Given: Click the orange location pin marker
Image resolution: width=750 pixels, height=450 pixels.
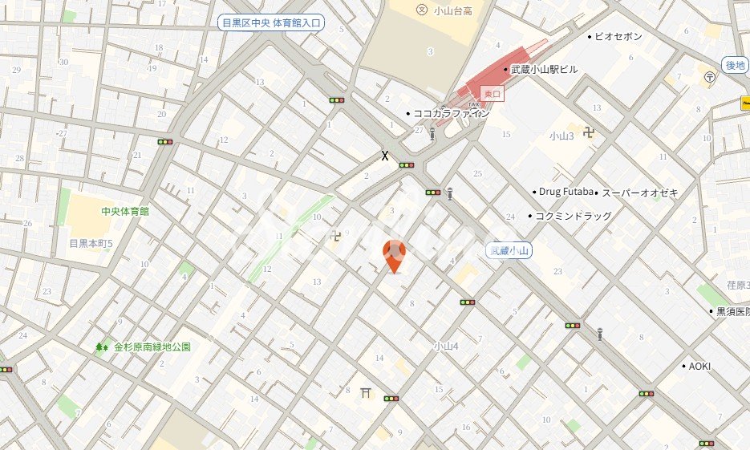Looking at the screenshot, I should click(x=394, y=255).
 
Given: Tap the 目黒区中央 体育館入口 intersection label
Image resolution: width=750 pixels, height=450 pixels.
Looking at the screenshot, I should click(x=271, y=23).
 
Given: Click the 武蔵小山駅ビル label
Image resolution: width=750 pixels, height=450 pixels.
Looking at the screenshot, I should click(x=543, y=70).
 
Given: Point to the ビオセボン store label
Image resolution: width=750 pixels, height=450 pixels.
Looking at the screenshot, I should click(x=619, y=36).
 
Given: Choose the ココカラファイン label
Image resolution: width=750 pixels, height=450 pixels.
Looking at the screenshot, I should click(x=450, y=113).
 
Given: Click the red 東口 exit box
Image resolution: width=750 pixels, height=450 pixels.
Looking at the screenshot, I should click(x=491, y=93).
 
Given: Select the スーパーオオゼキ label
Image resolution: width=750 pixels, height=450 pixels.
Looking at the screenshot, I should click(x=640, y=193).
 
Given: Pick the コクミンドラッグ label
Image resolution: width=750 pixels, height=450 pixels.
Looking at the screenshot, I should click(x=573, y=216).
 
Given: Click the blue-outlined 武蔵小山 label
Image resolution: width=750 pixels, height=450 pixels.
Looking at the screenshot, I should click(x=509, y=251).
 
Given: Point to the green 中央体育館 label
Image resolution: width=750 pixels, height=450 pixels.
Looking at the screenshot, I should click(x=125, y=211).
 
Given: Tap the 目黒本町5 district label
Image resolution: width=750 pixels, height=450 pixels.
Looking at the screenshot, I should click(x=91, y=243).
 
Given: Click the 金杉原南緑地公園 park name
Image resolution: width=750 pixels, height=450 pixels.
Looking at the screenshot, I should click(x=152, y=347).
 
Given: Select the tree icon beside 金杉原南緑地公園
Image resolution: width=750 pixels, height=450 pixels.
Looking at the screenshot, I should click(x=102, y=347).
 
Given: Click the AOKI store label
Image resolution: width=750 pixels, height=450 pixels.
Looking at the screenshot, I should click(x=699, y=366).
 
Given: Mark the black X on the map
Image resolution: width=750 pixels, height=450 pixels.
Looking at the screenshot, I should click(x=385, y=156).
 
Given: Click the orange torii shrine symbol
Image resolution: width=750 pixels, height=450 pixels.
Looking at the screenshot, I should click(x=367, y=391).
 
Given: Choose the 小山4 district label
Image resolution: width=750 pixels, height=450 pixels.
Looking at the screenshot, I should click(x=446, y=347).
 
